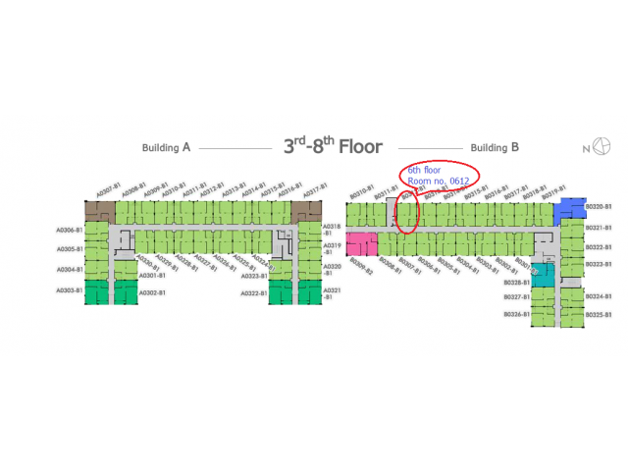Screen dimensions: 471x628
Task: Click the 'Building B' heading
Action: click(495, 147)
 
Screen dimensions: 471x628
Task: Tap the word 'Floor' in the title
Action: click(359, 146)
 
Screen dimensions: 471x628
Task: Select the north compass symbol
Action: click(598, 148)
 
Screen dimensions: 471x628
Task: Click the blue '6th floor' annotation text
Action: click(425, 170)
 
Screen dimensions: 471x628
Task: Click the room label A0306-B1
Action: click(69, 232)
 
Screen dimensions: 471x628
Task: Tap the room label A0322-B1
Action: click(253, 292)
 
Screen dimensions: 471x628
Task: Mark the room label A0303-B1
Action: click(69, 290)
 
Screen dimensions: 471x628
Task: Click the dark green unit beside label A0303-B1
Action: click(96, 292)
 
